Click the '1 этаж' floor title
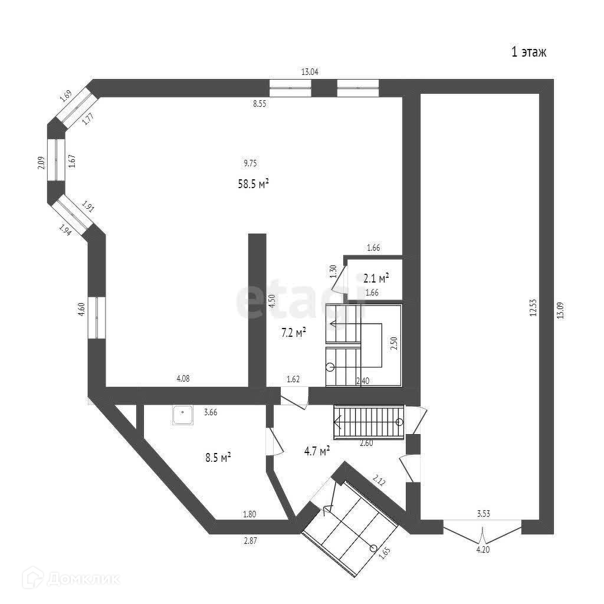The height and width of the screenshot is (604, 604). click(x=528, y=52)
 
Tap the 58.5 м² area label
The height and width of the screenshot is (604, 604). click(x=253, y=184)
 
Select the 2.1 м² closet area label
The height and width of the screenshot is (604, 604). click(x=376, y=278)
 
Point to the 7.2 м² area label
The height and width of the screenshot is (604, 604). click(x=293, y=333)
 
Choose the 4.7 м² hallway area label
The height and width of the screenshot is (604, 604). click(x=316, y=451)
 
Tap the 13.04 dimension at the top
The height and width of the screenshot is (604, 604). click(x=310, y=73)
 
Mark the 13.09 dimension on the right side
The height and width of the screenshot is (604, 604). click(x=561, y=306)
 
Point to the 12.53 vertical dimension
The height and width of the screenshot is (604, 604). click(x=532, y=306)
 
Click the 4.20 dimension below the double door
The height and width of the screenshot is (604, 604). click(x=483, y=550)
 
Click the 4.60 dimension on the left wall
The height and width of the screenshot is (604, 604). click(x=82, y=310)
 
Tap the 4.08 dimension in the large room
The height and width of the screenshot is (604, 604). click(x=183, y=379)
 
